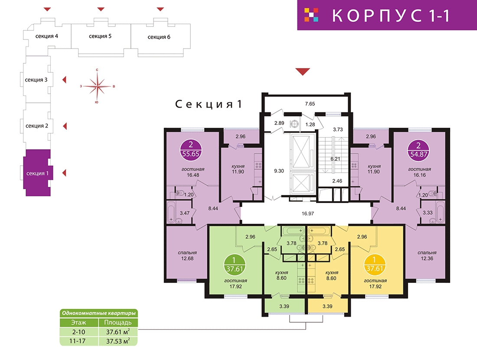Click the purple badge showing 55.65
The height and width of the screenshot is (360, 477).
(191, 150)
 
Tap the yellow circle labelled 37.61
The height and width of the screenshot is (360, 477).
(374, 265)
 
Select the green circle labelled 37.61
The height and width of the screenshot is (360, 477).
(234, 265)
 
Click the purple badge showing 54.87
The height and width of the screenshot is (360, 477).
(418, 150)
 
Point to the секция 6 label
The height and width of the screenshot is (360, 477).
(159, 37)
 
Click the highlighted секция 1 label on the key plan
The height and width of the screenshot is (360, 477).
(37, 173)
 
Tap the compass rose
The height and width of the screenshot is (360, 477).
(97, 86)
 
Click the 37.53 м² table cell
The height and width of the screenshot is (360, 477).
(118, 341)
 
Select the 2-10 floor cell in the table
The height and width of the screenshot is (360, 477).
(79, 332)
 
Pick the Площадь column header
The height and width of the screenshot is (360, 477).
(118, 323)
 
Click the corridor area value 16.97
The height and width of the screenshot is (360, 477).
(307, 214)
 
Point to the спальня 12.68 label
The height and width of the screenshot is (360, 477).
(187, 255)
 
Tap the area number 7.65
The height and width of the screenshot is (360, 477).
(310, 104)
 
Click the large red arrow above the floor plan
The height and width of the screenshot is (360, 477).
(303, 71)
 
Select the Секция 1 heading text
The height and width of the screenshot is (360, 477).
(209, 104)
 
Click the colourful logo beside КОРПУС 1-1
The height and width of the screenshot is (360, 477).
(311, 15)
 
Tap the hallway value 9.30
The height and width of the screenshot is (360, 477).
(279, 171)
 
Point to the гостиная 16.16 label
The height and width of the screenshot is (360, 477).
(419, 172)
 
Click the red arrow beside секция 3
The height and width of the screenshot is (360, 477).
(64, 80)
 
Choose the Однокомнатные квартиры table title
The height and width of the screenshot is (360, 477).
(98, 313)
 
